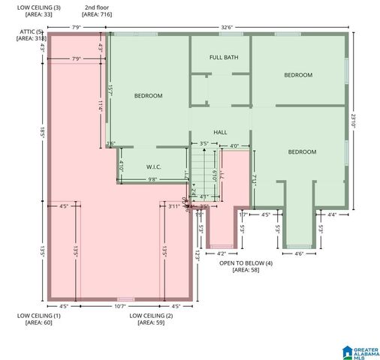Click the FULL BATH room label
pos(224,58)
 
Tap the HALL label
pos(220,132)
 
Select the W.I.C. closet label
pos(153,167)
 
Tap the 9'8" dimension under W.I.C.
pos(152,179)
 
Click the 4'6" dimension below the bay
pos(298,253)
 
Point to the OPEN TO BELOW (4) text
pos(246,262)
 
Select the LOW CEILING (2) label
pos(151,316)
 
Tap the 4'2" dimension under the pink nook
pos(220,253)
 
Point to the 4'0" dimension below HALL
pos(234,146)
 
